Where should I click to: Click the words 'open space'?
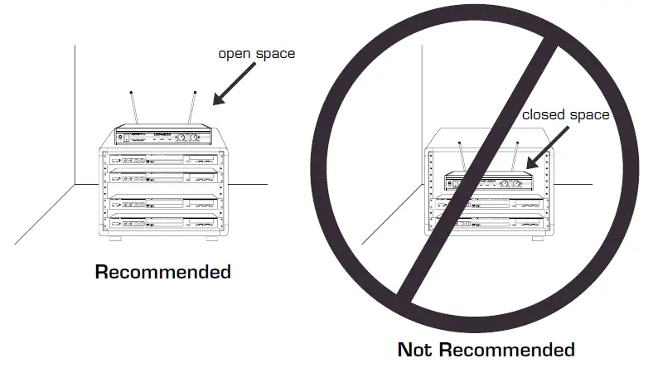tap(256, 54)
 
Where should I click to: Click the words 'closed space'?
tap(565, 114)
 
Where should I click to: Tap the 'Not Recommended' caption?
tap(486, 349)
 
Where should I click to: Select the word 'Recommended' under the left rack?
tap(163, 271)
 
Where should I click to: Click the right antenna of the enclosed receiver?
tap(515, 157)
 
